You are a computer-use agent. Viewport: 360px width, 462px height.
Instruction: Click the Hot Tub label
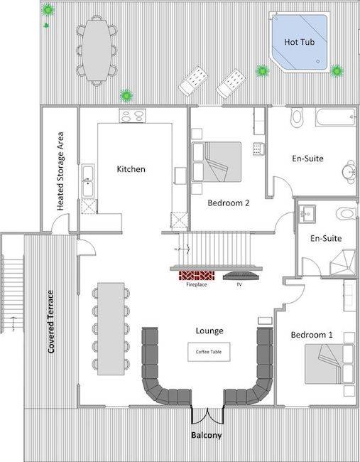click(x=300, y=42)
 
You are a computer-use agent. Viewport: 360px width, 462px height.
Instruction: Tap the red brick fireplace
click(x=197, y=276)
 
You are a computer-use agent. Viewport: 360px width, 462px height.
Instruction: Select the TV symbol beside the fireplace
click(x=241, y=276)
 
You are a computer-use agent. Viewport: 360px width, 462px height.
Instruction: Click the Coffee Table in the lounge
click(x=209, y=352)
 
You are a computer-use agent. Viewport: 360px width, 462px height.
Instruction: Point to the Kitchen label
click(x=131, y=169)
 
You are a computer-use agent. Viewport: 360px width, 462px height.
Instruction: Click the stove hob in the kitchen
click(x=133, y=115)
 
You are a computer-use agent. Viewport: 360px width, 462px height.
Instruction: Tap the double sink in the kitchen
click(x=88, y=181)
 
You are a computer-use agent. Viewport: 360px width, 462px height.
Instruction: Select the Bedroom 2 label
click(x=229, y=203)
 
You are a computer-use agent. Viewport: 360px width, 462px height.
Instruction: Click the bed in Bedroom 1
click(x=329, y=364)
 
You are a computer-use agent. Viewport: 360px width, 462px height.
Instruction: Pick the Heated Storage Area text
click(x=60, y=171)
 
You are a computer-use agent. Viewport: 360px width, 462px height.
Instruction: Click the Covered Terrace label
click(x=51, y=321)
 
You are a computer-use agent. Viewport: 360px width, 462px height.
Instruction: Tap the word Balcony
click(x=207, y=435)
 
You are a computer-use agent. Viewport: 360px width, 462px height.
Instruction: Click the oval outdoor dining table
click(x=97, y=50)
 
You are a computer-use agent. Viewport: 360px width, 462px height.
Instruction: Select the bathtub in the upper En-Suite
click(x=336, y=117)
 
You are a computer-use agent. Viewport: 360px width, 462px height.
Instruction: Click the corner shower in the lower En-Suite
click(x=343, y=262)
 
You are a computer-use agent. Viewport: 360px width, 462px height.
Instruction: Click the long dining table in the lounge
click(x=111, y=329)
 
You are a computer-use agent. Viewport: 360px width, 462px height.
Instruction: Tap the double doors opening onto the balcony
click(x=208, y=416)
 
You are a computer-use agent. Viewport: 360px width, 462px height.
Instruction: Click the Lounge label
click(x=209, y=331)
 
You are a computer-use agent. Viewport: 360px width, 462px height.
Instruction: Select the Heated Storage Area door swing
click(x=60, y=223)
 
